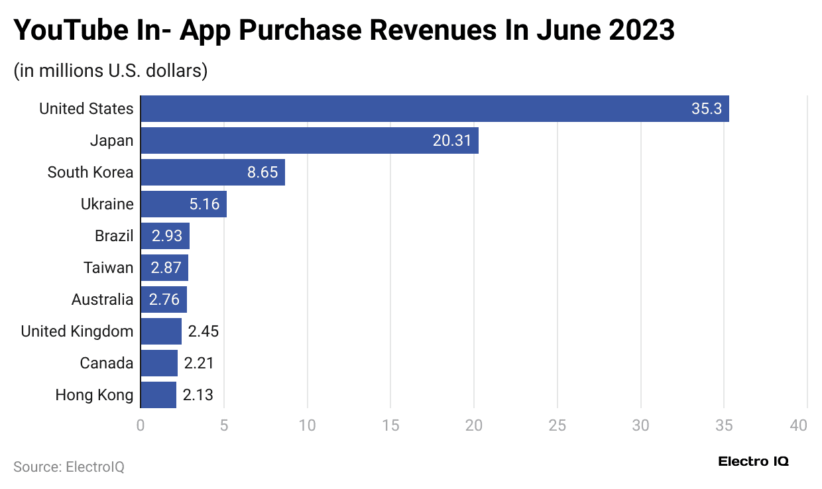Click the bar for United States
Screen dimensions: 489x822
[x=434, y=109]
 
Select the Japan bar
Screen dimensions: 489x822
[x=309, y=140]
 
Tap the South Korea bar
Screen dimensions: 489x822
[x=212, y=172]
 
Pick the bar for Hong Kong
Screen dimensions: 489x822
[x=158, y=395]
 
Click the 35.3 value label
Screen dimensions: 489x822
[x=706, y=109]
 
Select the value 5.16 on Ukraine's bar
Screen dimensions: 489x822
[x=204, y=204]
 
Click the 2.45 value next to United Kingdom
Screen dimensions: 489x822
[x=203, y=331]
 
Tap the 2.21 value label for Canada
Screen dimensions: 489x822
[x=199, y=363]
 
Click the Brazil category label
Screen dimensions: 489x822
[x=114, y=236]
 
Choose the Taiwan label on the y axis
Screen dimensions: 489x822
[x=108, y=268]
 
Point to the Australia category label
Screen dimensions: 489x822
[x=102, y=299]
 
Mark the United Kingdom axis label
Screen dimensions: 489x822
[x=77, y=331]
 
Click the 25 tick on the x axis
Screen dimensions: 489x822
[x=557, y=425]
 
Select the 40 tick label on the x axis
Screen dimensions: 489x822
[x=799, y=425]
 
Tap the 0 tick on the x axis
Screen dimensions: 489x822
[x=141, y=425]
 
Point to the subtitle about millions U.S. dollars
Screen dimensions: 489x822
[x=111, y=71]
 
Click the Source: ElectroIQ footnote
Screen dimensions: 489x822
[x=69, y=466]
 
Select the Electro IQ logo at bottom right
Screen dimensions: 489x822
[x=753, y=462]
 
